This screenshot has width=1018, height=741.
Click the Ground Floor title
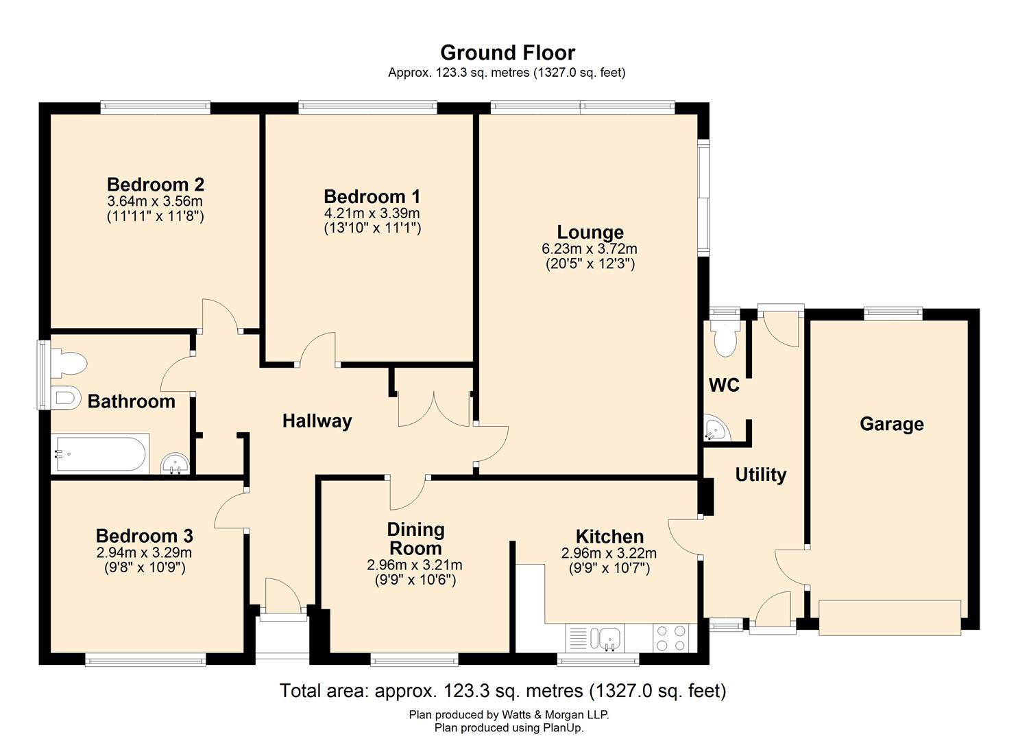click(x=507, y=53)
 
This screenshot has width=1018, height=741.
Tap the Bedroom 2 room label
click(x=156, y=185)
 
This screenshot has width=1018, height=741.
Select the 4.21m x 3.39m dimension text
click(x=372, y=213)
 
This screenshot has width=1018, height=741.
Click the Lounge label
click(x=590, y=232)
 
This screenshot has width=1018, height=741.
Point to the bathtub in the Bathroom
click(x=101, y=454)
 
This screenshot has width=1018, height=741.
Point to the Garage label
click(x=891, y=424)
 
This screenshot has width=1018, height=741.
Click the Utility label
click(x=760, y=475)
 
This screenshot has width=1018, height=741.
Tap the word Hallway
click(x=317, y=421)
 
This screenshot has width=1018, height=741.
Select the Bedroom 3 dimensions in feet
click(x=145, y=567)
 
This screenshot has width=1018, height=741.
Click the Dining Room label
click(x=415, y=539)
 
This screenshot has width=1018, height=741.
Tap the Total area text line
click(x=502, y=690)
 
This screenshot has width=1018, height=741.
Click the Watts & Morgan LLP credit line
click(x=509, y=714)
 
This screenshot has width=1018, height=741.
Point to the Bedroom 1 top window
click(x=367, y=106)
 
